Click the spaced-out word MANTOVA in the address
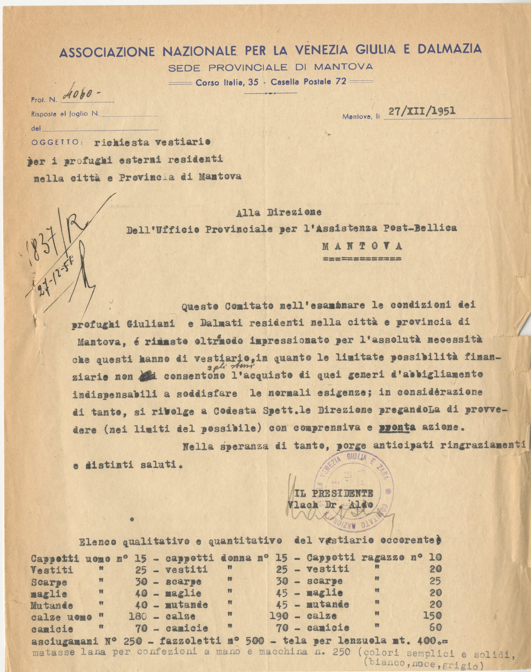pyautogui.click(x=362, y=246)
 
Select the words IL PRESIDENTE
pyautogui.click(x=334, y=494)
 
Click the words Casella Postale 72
pyautogui.click(x=304, y=82)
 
